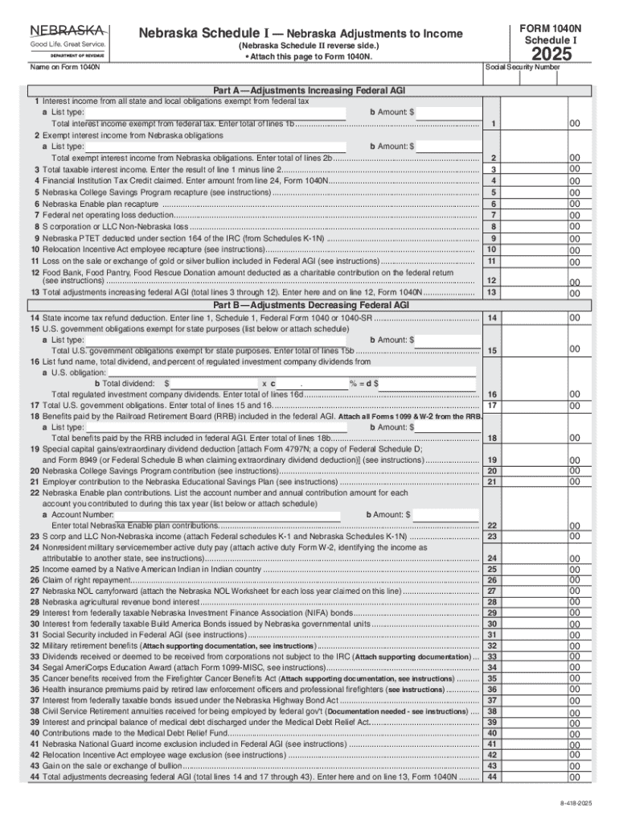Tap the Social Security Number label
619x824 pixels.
tap(523, 67)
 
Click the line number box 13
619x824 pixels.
tap(494, 293)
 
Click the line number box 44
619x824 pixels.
tap(493, 777)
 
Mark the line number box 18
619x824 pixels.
tap(493, 438)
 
